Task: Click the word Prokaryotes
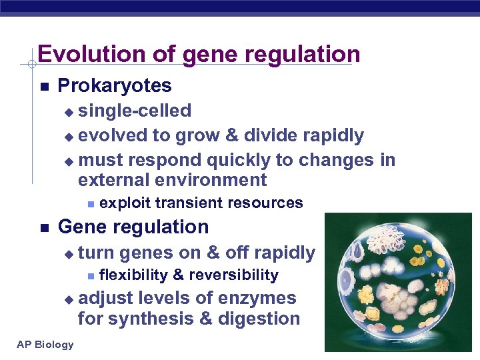[115, 86]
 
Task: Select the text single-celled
[135, 111]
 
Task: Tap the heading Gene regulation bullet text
[133, 227]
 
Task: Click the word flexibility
[133, 275]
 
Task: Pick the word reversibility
[233, 275]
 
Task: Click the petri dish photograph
[399, 284]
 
